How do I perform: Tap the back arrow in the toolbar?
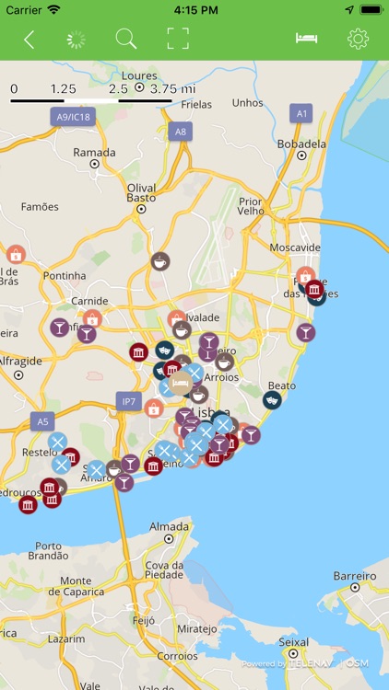pos(29,39)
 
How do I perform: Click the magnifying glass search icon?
pos(125,39)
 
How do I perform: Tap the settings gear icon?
pos(358,39)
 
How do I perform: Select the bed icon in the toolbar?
pos(306,39)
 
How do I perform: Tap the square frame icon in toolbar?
pos(178,39)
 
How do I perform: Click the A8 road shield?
pos(181,132)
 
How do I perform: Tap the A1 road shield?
pos(301,113)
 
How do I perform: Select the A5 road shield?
pos(41,421)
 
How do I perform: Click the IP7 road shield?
pos(128,401)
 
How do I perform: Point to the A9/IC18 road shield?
pos(74,117)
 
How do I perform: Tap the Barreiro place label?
pos(354,575)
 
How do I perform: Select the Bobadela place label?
pos(301,144)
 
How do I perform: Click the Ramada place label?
pos(94,153)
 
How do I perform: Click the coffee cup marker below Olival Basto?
pos(160,260)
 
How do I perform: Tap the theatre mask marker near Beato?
pos(272,400)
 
